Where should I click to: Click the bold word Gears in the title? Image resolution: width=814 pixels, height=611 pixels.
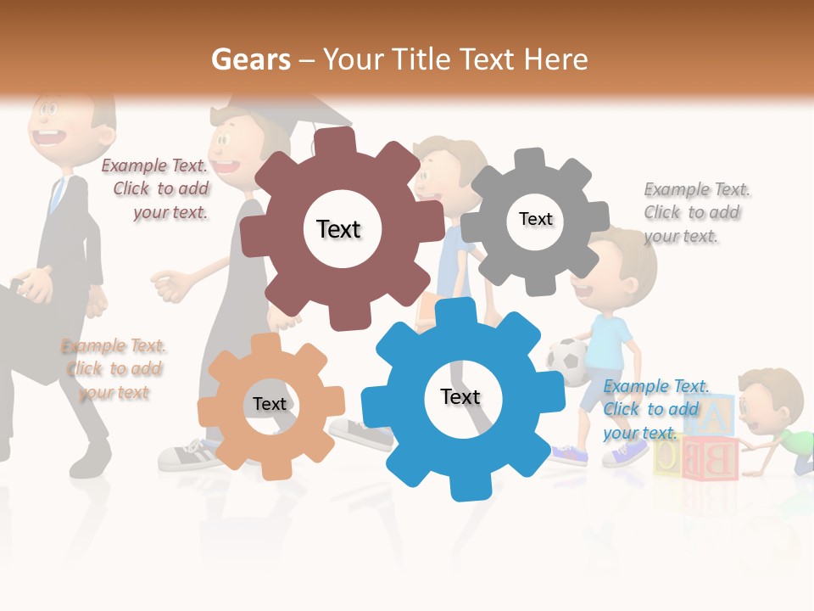250,59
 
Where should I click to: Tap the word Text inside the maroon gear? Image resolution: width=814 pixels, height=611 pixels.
338,229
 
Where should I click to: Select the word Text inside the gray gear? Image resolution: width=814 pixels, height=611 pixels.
535,219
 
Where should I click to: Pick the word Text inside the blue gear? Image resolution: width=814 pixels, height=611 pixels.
460,396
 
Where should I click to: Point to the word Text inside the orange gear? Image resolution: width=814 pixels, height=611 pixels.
270,404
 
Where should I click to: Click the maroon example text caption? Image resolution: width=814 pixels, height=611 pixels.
156,189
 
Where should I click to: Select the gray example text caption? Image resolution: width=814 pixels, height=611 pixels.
696,212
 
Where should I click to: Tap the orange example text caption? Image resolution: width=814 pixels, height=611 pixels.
114,369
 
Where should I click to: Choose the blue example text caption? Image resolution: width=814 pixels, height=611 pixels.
656,409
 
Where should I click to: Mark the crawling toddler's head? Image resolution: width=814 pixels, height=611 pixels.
768,398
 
